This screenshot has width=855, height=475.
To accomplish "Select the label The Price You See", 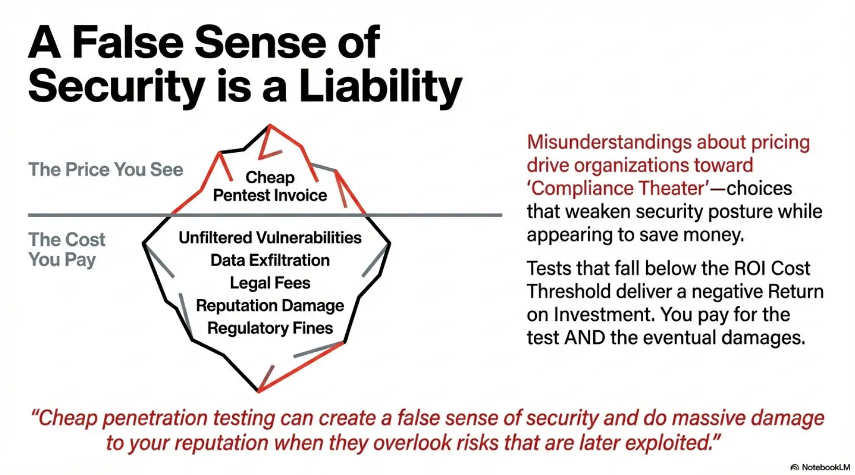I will [106, 170].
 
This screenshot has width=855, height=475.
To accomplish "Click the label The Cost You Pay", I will [67, 249].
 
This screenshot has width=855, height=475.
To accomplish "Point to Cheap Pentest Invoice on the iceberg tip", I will [270, 186].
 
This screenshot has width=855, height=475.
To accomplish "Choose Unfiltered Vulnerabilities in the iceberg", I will [270, 238].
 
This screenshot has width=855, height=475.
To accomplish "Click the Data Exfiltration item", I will [270, 260].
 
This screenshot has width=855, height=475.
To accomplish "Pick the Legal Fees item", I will [270, 283].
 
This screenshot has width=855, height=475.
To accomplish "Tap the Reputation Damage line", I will [270, 305].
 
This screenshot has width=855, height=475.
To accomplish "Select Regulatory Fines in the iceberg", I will [270, 328].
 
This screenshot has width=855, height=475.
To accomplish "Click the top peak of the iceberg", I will [269, 126].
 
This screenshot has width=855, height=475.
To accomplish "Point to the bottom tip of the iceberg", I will [259, 390].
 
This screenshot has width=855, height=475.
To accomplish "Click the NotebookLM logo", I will [820, 467].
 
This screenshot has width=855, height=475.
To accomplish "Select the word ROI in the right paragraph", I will [750, 269].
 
